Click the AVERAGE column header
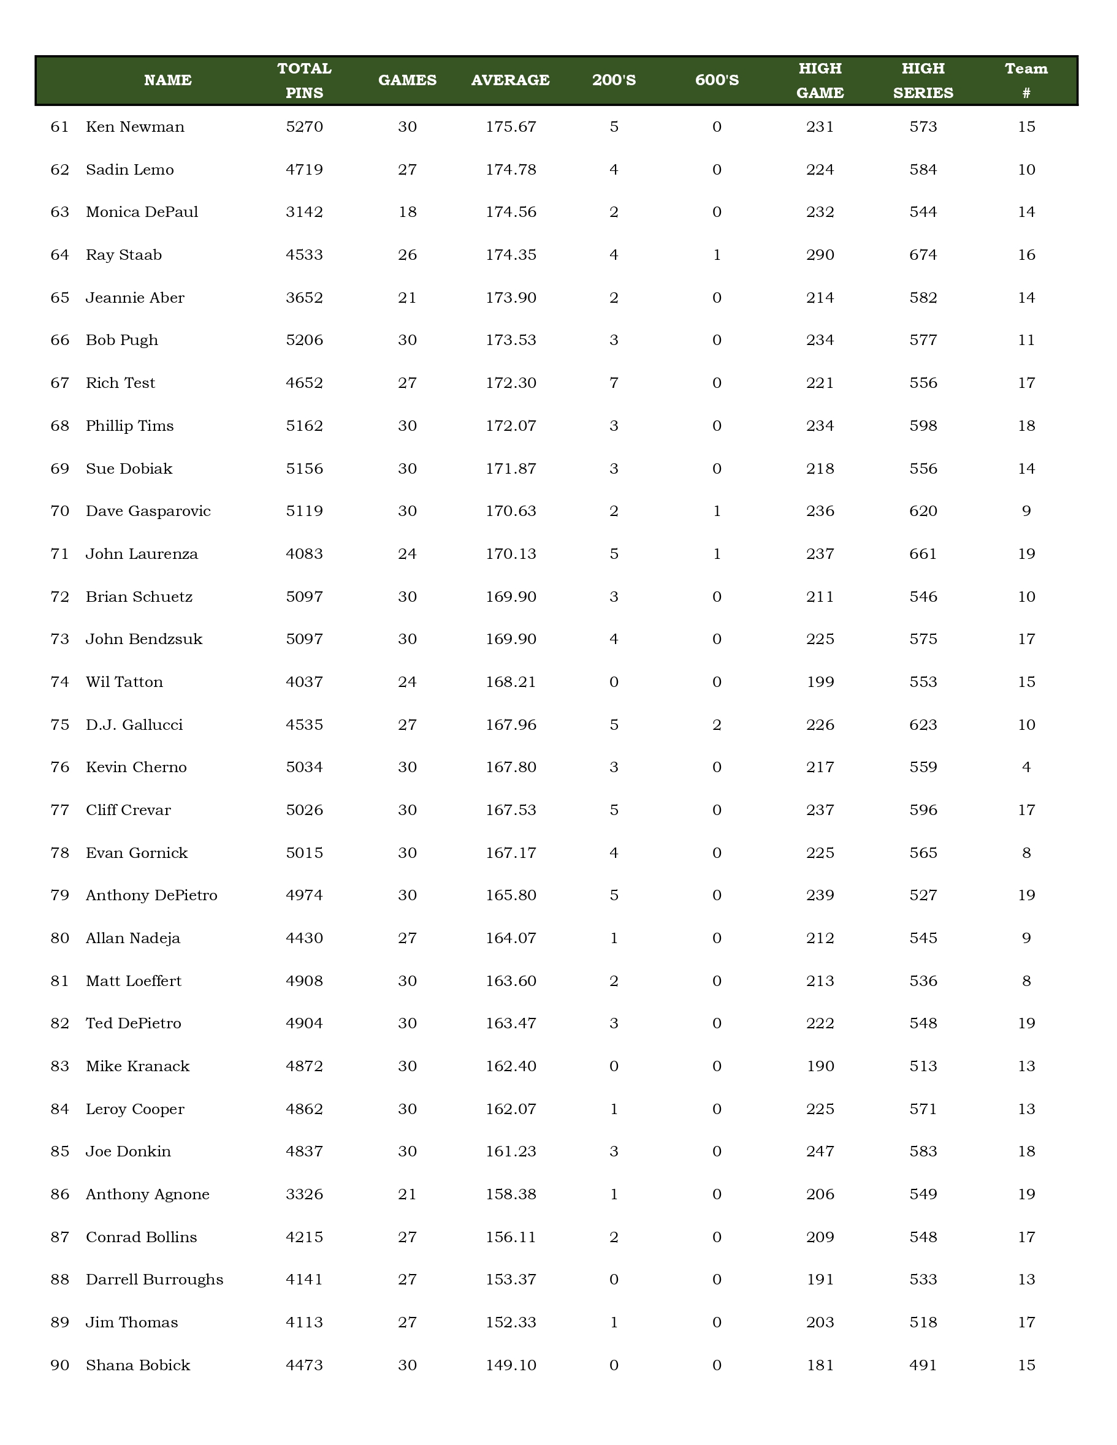(x=510, y=81)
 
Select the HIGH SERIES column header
(x=923, y=81)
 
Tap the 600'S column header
(x=717, y=81)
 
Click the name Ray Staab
(x=124, y=256)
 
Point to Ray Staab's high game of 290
(x=820, y=256)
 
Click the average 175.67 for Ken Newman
(x=510, y=127)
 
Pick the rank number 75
(x=59, y=725)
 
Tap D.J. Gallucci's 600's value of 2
(x=717, y=725)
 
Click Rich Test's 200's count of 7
(x=614, y=383)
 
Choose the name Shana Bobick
(x=138, y=1365)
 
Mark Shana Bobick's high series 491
(x=923, y=1365)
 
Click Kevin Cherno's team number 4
(x=1026, y=767)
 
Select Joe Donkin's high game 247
(x=820, y=1152)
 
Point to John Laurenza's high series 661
(x=923, y=555)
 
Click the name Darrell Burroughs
(x=154, y=1280)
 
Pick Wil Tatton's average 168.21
(x=510, y=682)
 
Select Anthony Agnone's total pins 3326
(x=305, y=1194)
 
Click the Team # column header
(x=1026, y=81)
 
